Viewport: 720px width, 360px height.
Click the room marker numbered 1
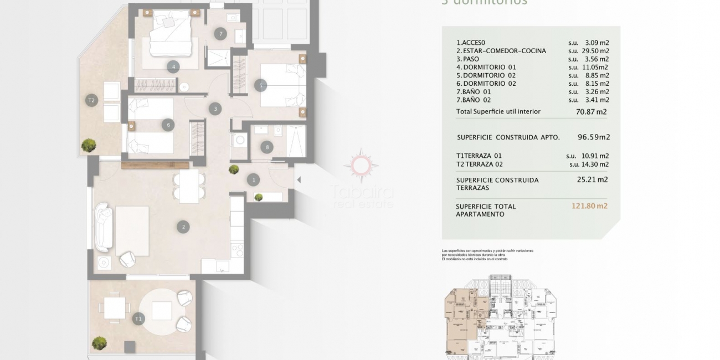click(254, 179)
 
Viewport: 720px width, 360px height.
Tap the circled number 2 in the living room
click(182, 227)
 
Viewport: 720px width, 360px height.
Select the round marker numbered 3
click(215, 109)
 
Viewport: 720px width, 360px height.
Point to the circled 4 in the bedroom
click(173, 67)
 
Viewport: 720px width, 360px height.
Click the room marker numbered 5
click(260, 85)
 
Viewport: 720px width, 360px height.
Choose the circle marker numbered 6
click(168, 125)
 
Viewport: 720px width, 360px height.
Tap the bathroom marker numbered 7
click(220, 34)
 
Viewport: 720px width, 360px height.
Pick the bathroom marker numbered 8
click(268, 147)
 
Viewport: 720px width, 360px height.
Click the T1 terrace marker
click(138, 318)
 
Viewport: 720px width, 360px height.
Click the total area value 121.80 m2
click(589, 206)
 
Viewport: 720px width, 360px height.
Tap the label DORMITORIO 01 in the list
click(486, 67)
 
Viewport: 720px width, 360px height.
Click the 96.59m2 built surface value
click(594, 137)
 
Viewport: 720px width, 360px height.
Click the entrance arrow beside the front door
click(299, 179)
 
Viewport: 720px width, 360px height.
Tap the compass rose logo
click(361, 164)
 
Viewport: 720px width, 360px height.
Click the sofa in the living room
click(104, 227)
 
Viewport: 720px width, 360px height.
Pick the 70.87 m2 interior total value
click(592, 111)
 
